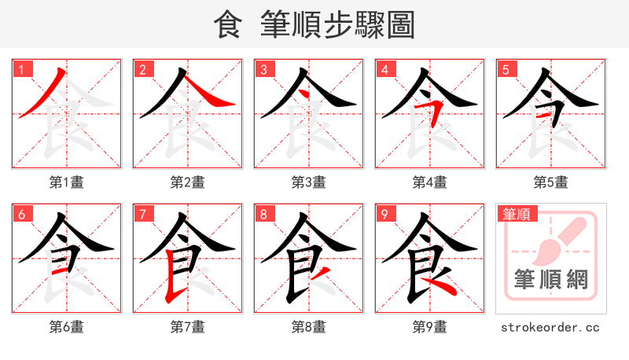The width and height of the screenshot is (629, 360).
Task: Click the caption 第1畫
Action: click(x=67, y=182)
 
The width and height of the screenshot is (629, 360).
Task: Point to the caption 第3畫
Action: click(x=309, y=182)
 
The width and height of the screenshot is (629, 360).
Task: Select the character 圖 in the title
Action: click(x=400, y=25)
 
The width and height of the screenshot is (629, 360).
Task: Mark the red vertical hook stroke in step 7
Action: click(x=167, y=279)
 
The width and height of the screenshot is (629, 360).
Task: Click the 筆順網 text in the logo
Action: click(x=551, y=279)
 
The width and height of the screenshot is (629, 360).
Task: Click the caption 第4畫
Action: click(x=430, y=182)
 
